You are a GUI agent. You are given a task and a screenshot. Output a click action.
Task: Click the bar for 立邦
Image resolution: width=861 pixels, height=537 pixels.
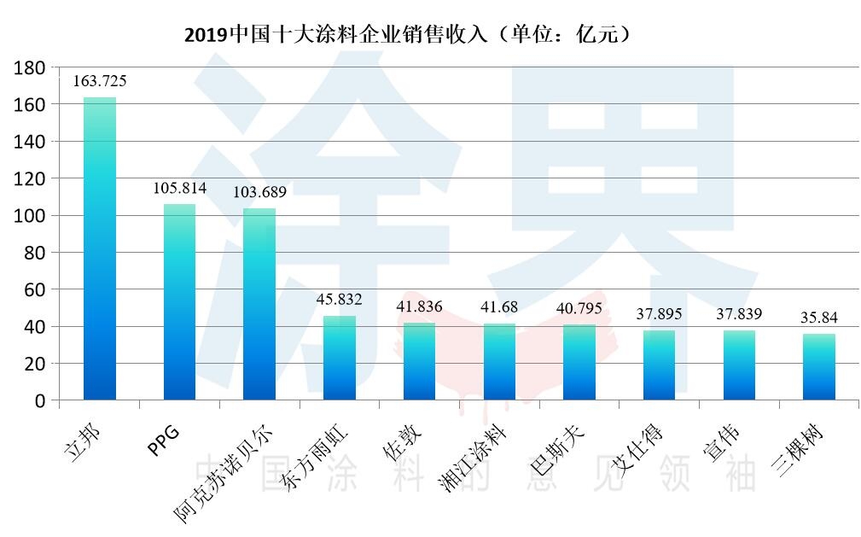[100, 248]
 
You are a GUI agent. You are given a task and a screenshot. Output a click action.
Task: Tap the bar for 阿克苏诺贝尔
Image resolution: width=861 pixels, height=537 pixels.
[259, 303]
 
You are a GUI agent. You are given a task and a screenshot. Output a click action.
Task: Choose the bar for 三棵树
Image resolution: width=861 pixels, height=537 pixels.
[819, 366]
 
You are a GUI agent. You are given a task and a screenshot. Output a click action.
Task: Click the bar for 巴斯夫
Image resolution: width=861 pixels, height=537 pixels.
[579, 362]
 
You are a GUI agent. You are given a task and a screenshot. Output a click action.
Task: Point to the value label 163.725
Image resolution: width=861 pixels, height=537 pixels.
[100, 81]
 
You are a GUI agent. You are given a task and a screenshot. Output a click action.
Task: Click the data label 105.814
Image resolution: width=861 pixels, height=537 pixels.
[179, 188]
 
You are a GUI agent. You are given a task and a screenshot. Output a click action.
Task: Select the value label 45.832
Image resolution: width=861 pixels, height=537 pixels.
[340, 300]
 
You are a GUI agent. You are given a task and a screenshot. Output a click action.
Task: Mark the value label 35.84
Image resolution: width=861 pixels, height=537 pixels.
[819, 318]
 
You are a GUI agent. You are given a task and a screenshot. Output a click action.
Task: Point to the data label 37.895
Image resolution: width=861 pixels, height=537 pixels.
[660, 314]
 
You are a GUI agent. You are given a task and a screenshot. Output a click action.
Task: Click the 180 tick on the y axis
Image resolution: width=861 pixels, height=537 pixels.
[32, 67]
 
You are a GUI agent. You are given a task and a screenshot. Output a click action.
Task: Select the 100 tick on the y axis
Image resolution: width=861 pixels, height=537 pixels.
[32, 215]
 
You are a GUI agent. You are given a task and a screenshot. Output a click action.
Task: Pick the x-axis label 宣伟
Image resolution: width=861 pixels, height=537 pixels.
[721, 441]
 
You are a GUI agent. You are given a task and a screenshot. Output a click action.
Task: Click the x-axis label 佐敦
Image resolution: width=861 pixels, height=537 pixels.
[401, 441]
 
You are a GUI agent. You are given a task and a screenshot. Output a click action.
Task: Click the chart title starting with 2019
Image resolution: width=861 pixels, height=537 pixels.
[408, 34]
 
